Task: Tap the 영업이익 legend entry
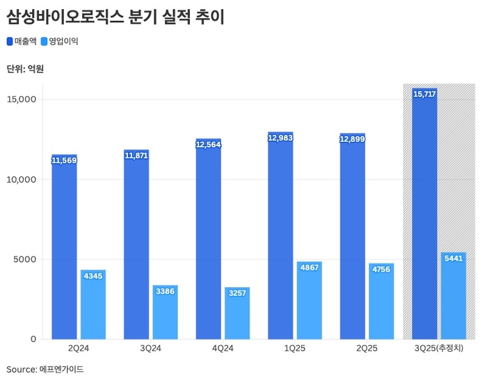(61, 41)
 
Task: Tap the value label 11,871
(136, 156)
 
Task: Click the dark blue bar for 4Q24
(209, 243)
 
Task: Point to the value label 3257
(237, 293)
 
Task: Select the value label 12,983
(280, 138)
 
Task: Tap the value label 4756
(381, 269)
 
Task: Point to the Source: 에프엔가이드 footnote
(45, 369)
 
